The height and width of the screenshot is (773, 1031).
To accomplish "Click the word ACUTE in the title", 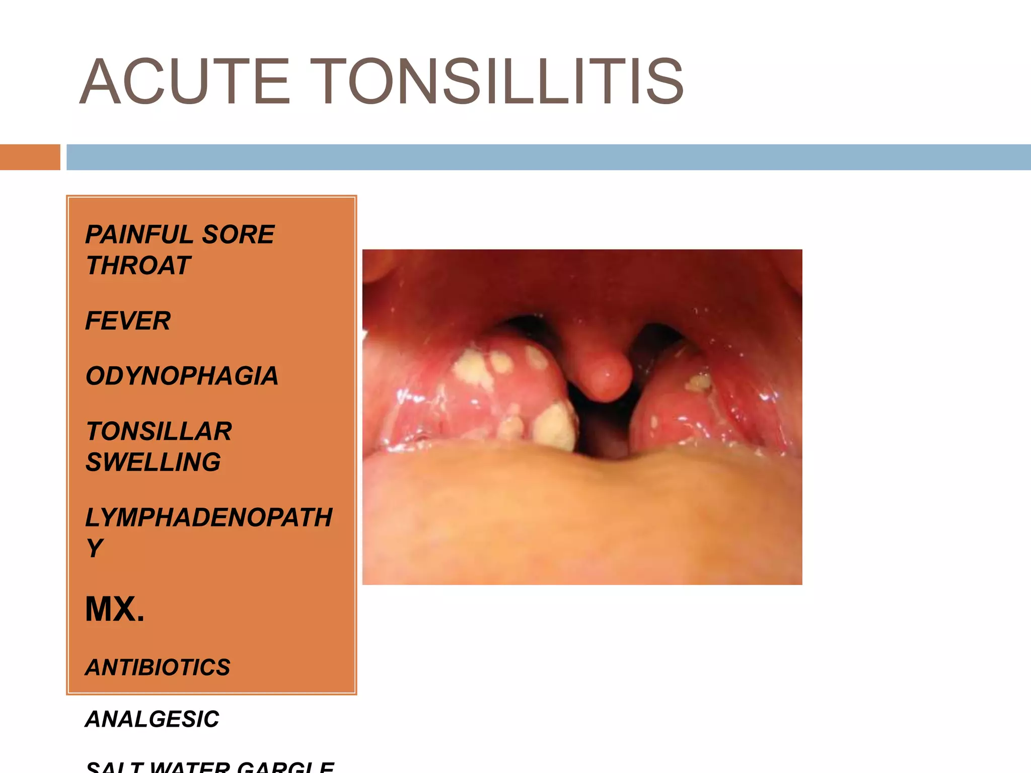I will [x=185, y=82].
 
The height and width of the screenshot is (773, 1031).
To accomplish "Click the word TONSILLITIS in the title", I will [x=515, y=82].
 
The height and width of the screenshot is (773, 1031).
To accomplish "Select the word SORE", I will [x=238, y=235].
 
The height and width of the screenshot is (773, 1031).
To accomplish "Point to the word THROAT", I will [x=138, y=265].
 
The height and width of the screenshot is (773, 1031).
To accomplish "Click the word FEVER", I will [x=128, y=321].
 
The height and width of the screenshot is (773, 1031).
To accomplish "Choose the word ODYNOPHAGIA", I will [x=182, y=376].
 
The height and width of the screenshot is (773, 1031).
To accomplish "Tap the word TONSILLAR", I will [x=159, y=431].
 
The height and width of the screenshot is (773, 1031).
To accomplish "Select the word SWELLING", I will [x=153, y=462].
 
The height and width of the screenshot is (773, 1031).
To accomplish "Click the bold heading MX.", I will [x=115, y=609].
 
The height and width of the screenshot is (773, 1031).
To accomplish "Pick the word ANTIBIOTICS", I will [x=158, y=667].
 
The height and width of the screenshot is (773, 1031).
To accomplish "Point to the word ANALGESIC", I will [x=152, y=719].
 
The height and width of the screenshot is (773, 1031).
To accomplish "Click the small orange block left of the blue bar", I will [x=30, y=157].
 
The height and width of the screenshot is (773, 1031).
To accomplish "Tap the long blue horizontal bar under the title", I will [x=548, y=157].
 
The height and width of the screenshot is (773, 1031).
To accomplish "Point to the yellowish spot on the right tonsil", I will [x=698, y=382].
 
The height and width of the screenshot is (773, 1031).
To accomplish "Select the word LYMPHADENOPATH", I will [x=209, y=517].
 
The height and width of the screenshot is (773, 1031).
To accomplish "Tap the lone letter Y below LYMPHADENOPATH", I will [x=95, y=548].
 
